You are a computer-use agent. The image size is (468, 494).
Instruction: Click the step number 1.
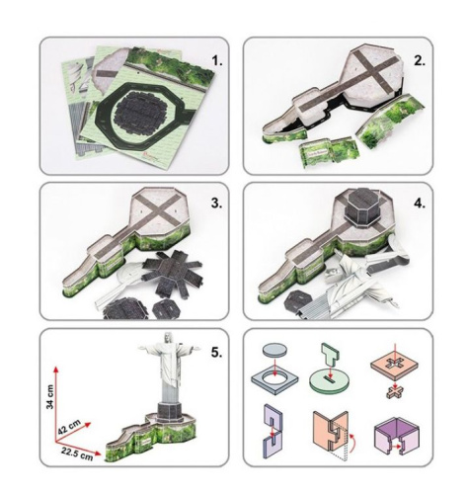point(217,61)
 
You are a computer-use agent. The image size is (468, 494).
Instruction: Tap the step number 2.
point(420,61)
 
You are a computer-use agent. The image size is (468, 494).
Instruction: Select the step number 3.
point(216,204)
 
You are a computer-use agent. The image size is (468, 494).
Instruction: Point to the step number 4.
point(420,204)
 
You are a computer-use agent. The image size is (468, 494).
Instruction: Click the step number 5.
point(216,352)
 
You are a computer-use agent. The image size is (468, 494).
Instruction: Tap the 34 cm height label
point(50,396)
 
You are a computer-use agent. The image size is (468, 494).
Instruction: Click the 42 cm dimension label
point(69,427)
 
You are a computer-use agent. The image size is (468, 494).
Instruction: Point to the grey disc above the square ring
point(274,349)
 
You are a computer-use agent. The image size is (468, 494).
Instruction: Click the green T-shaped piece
point(330,357)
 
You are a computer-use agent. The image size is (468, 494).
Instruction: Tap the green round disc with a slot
point(330,382)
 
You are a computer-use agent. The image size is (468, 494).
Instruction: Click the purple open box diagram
point(397,435)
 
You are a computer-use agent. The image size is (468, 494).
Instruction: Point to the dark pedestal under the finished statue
point(169,412)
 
